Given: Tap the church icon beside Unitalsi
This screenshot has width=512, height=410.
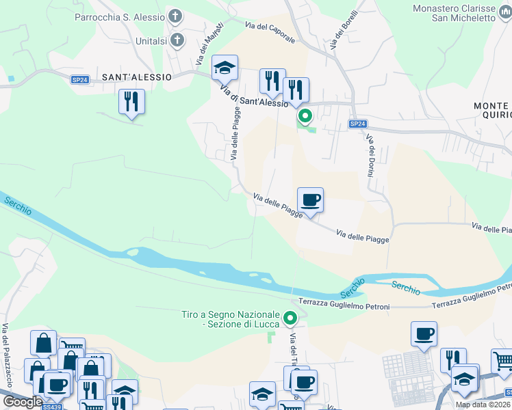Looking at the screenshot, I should click(177, 40).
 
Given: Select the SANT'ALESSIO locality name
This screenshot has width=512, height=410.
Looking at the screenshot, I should click(136, 77).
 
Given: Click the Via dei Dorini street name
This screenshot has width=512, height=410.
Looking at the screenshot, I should click(370, 156).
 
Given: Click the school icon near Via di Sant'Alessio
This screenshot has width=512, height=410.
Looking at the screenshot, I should click(225, 67).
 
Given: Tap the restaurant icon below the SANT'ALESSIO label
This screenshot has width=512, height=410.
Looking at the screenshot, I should click(131, 101).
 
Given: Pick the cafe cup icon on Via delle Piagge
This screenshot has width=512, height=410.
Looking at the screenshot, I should click(310, 200).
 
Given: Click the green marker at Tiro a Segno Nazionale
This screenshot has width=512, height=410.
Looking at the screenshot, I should click(291, 318).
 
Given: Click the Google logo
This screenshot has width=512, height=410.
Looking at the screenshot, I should click(23, 402).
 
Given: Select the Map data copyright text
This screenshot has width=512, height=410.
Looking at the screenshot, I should click(483, 405).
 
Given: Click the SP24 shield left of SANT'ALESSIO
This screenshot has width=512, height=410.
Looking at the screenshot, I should click(80, 80).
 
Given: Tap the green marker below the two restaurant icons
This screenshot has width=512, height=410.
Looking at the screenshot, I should click(305, 117).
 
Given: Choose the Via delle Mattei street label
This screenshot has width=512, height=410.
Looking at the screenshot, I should click(210, 46).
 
